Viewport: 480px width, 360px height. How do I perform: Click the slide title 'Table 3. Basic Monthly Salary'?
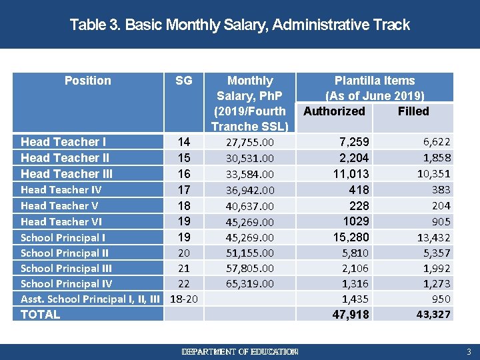239,25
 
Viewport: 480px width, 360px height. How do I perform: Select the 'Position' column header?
87,81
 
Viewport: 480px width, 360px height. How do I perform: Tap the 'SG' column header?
183,81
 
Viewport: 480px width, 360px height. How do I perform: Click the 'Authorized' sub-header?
334,111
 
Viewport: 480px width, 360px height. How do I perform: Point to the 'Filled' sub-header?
413,111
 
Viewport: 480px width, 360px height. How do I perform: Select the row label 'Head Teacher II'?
65,158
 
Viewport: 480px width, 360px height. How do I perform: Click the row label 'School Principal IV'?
66,284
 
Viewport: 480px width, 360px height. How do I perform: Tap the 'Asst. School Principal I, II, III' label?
90,299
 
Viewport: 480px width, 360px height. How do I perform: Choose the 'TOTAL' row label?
40,315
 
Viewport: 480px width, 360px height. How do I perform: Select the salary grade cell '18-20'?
184,299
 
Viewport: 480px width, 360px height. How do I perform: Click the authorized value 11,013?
351,174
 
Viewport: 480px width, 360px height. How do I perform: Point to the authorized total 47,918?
351,315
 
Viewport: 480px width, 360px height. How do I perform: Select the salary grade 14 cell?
184,142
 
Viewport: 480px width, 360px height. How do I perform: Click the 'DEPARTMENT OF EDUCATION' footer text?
240,351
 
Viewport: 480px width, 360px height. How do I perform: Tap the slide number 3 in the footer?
469,351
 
